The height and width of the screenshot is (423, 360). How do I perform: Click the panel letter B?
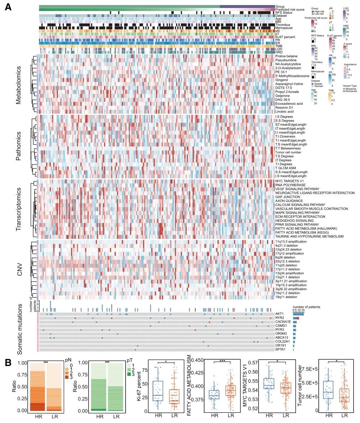click(x=8, y=363)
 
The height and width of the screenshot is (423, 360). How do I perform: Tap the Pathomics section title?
click(x=18, y=146)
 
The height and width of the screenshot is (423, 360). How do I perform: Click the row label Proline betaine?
click(x=287, y=56)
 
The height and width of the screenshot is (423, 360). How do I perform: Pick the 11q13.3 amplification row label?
click(x=291, y=242)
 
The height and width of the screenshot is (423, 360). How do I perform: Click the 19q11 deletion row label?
click(x=286, y=297)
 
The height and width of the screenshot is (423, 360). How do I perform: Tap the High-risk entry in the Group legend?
click(x=319, y=11)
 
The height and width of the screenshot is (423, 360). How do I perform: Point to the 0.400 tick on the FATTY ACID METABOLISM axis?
click(x=200, y=386)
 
